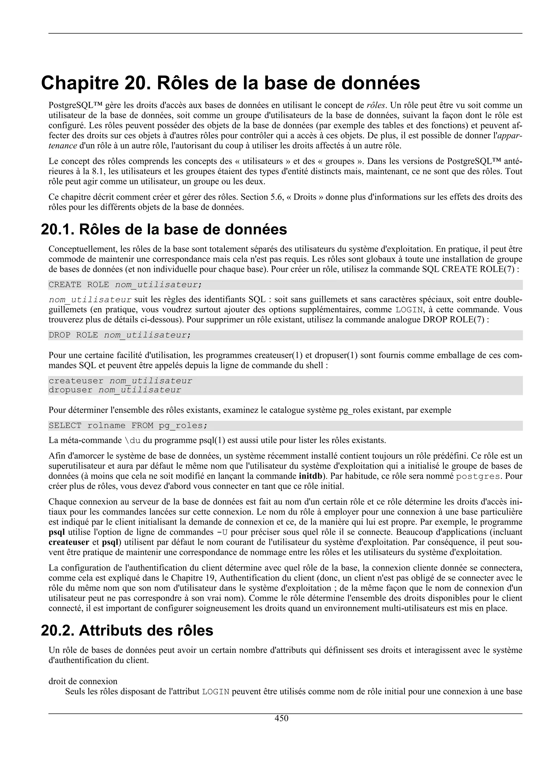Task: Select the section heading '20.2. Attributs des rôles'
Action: coord(127,630)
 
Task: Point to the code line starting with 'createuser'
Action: coord(120,381)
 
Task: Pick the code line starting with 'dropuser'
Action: coord(115,390)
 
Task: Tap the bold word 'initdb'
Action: coord(310,476)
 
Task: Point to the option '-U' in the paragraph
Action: coord(221,532)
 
